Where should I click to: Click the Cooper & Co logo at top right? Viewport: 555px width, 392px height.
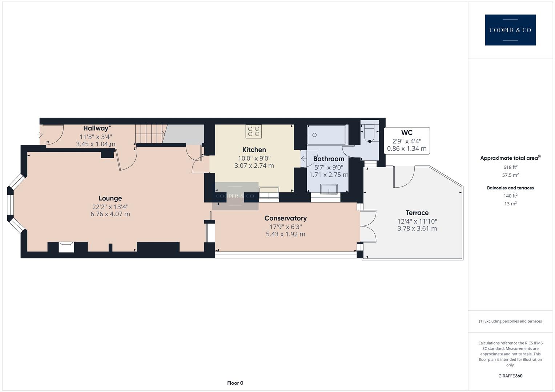pyautogui.click(x=510, y=30)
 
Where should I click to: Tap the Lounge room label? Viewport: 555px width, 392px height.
pyautogui.click(x=110, y=198)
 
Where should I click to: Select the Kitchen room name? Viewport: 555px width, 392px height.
pyautogui.click(x=254, y=150)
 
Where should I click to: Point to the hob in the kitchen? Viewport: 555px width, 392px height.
pyautogui.click(x=254, y=131)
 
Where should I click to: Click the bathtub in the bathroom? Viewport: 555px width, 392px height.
pyautogui.click(x=326, y=135)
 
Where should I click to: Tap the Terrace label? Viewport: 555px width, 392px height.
pyautogui.click(x=417, y=213)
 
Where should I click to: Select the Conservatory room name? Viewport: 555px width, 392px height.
pyautogui.click(x=285, y=218)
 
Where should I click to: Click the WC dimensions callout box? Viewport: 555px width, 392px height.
pyautogui.click(x=407, y=141)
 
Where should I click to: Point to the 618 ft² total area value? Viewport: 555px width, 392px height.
pyautogui.click(x=510, y=167)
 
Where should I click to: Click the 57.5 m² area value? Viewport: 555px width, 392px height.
pyautogui.click(x=510, y=175)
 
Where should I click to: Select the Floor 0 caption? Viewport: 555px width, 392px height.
pyautogui.click(x=235, y=383)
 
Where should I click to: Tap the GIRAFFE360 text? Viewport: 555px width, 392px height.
pyautogui.click(x=510, y=376)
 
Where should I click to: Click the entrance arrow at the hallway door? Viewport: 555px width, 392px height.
pyautogui.click(x=40, y=135)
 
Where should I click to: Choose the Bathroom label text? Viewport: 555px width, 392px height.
pyautogui.click(x=329, y=159)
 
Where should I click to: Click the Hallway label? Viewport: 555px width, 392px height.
pyautogui.click(x=96, y=128)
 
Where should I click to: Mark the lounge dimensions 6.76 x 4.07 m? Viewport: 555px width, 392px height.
pyautogui.click(x=110, y=214)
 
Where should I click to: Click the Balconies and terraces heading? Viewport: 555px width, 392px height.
pyautogui.click(x=510, y=188)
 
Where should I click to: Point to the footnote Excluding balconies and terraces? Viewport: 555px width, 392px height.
pyautogui.click(x=510, y=321)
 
